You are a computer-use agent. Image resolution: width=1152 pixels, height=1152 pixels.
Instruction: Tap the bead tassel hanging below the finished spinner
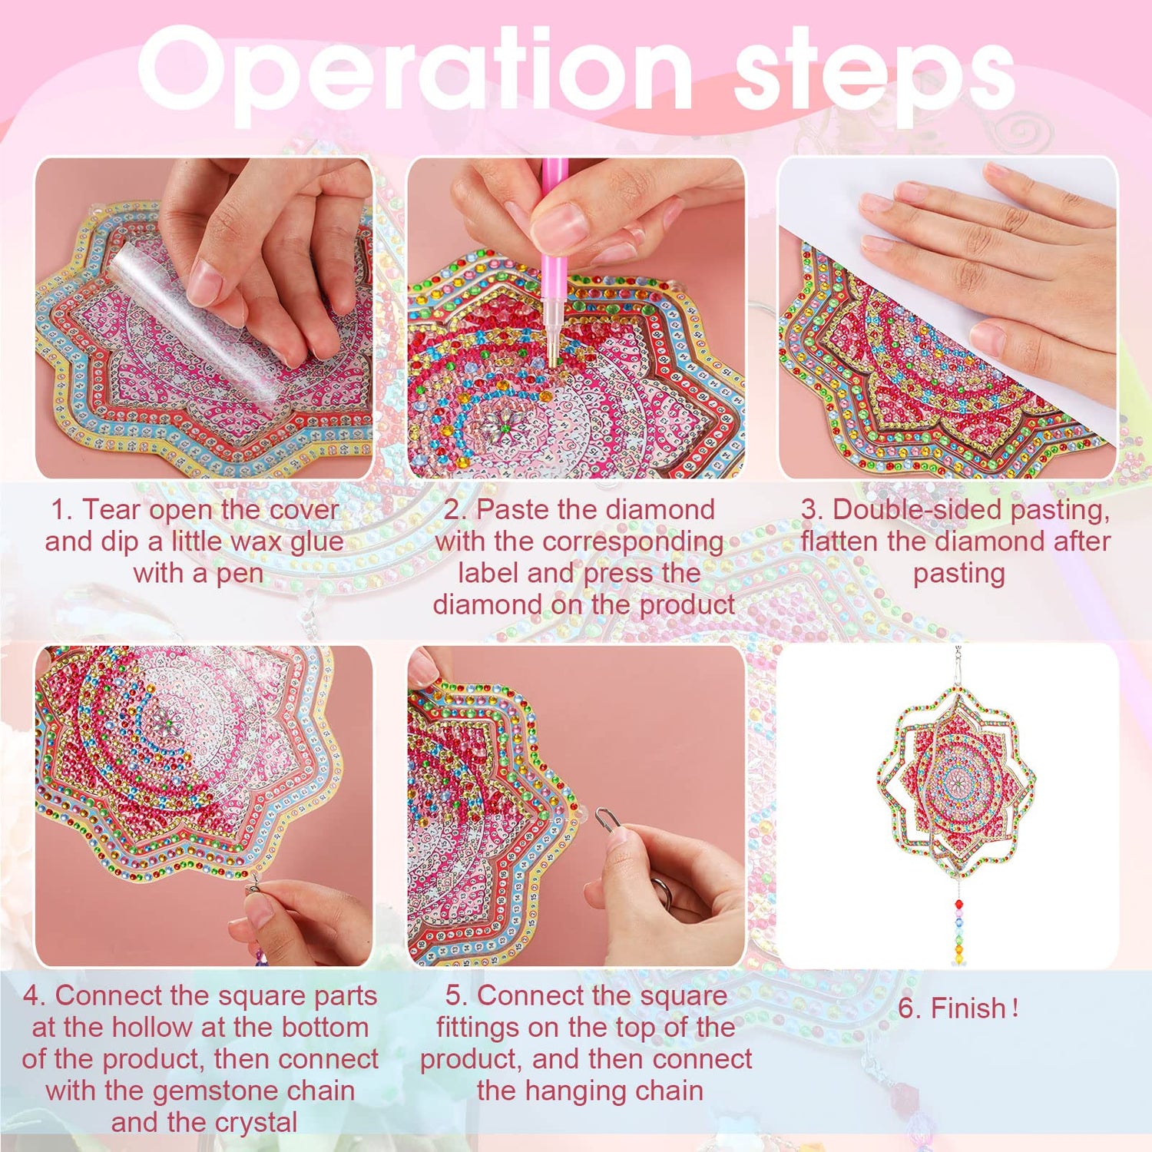958,922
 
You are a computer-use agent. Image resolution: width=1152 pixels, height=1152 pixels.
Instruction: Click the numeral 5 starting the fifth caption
452,996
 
